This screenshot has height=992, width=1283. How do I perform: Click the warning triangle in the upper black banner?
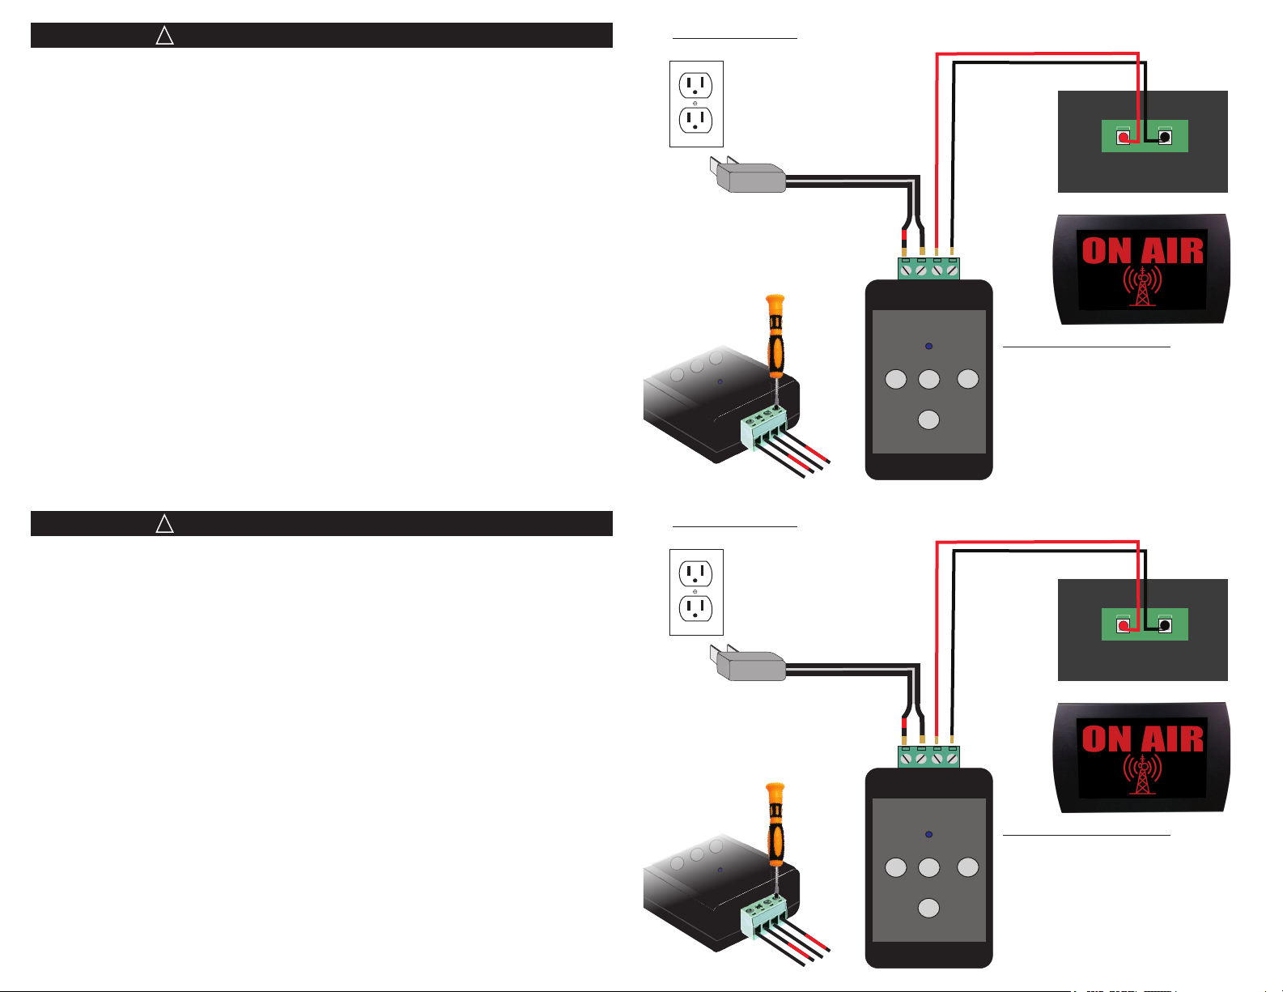pos(165,36)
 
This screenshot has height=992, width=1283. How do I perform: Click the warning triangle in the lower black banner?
pos(165,524)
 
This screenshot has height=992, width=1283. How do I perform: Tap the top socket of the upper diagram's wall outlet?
pos(695,85)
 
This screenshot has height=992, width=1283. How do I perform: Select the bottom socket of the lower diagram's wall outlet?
pos(695,609)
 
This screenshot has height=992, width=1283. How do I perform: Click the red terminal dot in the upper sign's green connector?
pos(1124,138)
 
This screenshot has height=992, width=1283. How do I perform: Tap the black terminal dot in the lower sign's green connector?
pos(1165,625)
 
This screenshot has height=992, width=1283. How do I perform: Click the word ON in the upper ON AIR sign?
pos(1107,251)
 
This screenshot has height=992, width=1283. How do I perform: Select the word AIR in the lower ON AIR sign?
pos(1172,739)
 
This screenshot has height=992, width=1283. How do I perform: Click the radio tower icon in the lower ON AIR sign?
pos(1142,774)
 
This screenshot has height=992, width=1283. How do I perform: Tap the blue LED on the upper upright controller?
pos(928,346)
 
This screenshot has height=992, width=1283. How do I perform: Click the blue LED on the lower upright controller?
pos(928,834)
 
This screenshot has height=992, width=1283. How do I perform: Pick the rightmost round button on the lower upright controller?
pos(967,867)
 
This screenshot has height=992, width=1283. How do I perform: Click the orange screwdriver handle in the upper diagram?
pos(775,336)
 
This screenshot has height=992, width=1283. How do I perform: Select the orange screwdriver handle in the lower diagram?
pos(775,824)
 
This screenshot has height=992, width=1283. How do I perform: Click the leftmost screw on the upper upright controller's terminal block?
pos(907,270)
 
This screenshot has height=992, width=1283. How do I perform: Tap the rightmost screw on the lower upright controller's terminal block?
pos(952,759)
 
